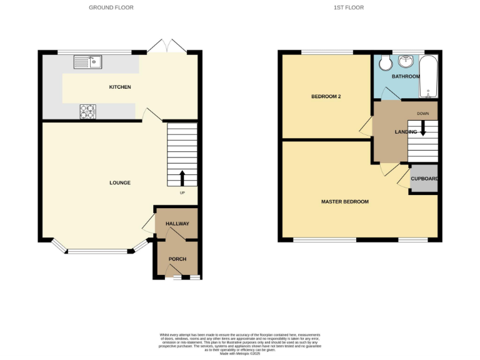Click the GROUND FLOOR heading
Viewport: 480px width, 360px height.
click(111, 7)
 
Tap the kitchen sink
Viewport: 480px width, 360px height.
click(88, 61)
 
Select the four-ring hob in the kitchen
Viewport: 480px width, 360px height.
click(87, 111)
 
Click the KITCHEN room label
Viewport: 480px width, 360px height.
click(120, 87)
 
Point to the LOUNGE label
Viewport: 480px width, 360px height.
click(120, 182)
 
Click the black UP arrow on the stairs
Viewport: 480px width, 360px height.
click(182, 178)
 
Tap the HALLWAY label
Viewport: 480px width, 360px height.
click(177, 223)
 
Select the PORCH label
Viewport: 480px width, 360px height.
click(177, 259)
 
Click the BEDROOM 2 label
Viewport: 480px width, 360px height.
click(326, 97)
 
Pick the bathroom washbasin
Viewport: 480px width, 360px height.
click(407, 61)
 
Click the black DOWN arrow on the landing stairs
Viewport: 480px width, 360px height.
click(423, 127)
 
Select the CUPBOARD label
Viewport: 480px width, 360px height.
click(424, 179)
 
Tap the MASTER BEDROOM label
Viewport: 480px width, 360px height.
click(344, 202)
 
